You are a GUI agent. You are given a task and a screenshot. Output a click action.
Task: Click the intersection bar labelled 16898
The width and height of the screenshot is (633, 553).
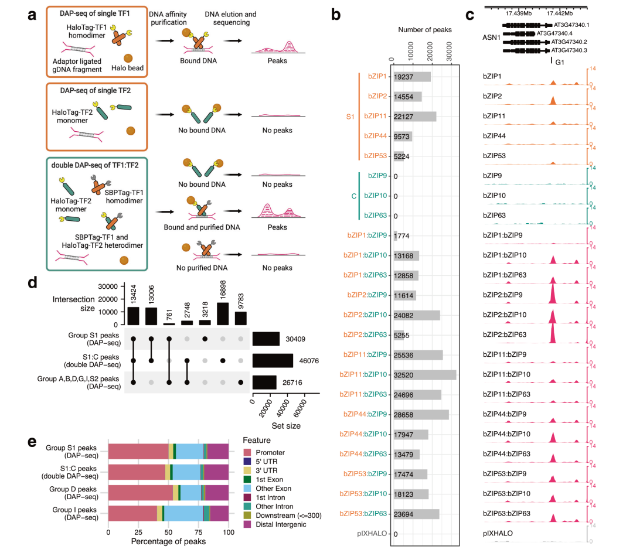pos(222,313)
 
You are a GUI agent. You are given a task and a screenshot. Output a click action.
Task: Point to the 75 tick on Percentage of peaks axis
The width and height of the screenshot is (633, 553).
pos(198,532)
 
